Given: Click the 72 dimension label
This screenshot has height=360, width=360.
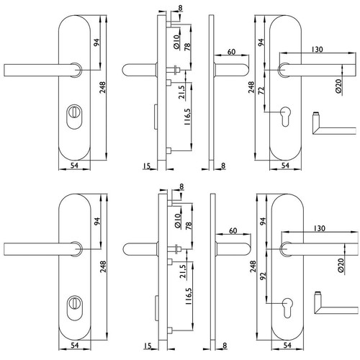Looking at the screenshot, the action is [x=261, y=91].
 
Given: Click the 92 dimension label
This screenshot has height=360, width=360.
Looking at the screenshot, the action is [x=264, y=276].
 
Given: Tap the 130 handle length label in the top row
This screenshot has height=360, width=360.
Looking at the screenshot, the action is [x=318, y=50].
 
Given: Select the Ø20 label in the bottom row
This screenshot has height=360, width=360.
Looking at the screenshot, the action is [x=341, y=266].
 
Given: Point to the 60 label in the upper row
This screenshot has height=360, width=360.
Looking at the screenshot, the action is [x=231, y=52].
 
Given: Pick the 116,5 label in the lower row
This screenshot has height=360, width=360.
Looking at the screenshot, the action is [x=189, y=296].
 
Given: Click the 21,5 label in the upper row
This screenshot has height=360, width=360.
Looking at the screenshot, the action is [x=182, y=92].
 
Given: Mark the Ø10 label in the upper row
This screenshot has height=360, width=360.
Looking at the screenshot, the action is [x=176, y=42].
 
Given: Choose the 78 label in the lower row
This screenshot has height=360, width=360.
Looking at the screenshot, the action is [x=189, y=225].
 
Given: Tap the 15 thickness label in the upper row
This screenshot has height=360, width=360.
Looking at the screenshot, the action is [x=147, y=166].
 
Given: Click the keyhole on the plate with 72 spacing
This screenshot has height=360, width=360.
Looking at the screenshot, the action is [x=285, y=116].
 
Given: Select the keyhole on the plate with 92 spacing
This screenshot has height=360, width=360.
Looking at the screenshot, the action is [x=287, y=308].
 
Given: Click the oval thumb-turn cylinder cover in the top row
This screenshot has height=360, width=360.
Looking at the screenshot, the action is [x=74, y=117].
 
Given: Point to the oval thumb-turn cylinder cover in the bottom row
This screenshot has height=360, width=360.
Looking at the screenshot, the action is [x=75, y=308].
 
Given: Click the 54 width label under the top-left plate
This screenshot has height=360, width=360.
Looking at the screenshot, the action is [x=74, y=166].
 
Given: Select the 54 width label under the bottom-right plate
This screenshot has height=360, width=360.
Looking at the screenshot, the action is [x=287, y=345].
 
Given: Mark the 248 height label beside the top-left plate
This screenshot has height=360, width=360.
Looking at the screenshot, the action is [x=102, y=88].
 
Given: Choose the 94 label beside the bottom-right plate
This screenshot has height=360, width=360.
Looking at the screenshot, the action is [x=264, y=221].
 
